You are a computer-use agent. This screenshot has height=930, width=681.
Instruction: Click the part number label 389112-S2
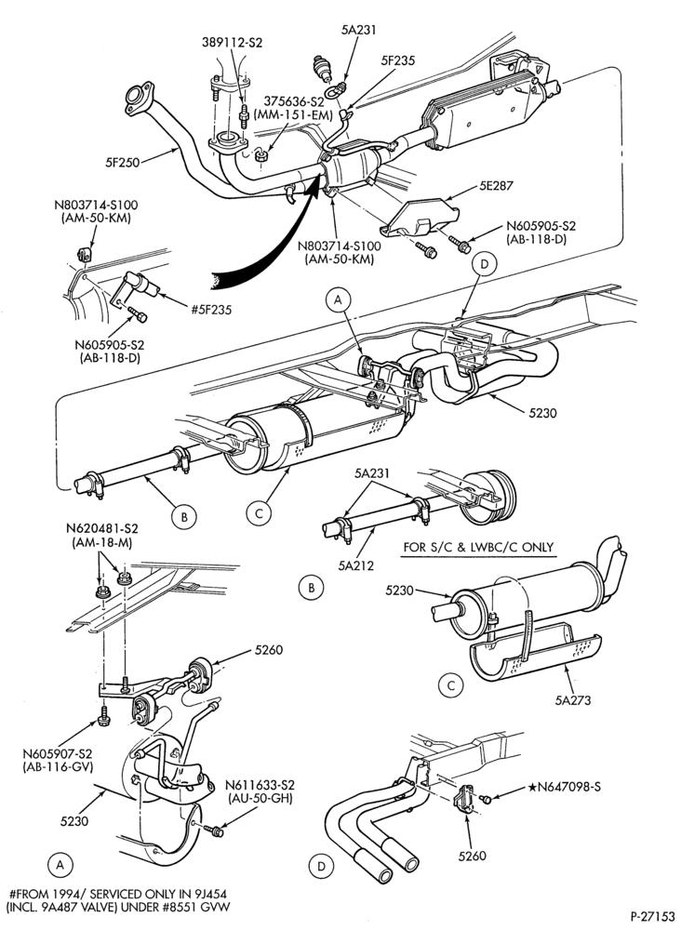(232, 43)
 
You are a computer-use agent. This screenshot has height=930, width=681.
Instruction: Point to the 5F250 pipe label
(123, 162)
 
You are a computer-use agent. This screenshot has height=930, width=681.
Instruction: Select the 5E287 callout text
(496, 186)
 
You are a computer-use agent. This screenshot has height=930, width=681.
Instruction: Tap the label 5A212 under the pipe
(356, 565)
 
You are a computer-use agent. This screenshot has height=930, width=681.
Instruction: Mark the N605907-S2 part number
(58, 754)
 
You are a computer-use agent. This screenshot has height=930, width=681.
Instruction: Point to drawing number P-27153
(652, 916)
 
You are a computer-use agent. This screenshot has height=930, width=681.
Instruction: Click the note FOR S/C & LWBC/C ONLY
(478, 547)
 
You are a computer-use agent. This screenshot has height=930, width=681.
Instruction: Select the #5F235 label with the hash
(211, 309)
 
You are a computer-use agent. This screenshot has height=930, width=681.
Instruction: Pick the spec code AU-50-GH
(260, 798)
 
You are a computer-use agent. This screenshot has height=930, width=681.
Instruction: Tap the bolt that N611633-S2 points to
(214, 830)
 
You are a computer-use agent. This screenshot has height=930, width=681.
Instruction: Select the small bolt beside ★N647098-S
(487, 800)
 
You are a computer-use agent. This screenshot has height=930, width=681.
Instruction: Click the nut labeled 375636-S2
(260, 156)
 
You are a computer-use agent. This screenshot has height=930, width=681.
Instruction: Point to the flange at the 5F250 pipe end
(138, 99)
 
